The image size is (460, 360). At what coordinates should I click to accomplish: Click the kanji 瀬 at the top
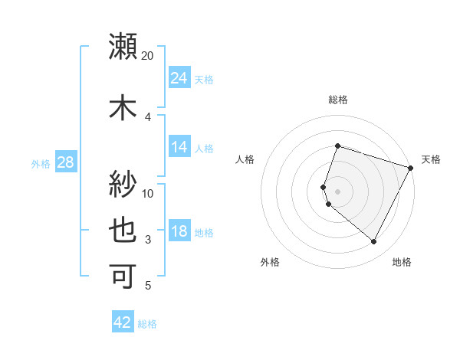click(123, 47)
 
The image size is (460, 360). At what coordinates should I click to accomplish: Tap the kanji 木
click(123, 108)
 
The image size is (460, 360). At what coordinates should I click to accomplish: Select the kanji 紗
click(123, 183)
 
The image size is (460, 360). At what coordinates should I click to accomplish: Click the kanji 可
click(123, 276)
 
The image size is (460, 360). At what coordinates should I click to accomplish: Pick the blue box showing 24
click(179, 77)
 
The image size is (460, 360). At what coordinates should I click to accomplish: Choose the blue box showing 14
click(179, 147)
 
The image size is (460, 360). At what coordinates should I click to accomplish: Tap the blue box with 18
click(179, 231)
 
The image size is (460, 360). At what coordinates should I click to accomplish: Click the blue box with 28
click(64, 162)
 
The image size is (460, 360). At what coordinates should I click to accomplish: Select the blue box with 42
click(122, 322)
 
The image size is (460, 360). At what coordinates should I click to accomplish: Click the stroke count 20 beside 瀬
click(148, 56)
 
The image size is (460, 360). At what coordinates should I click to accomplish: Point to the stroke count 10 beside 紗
click(148, 193)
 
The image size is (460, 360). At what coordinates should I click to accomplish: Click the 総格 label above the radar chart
click(337, 100)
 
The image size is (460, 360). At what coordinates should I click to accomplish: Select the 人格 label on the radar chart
click(245, 159)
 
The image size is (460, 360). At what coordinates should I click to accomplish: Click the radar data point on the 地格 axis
click(373, 242)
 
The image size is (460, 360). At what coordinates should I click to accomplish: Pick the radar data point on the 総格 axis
click(337, 146)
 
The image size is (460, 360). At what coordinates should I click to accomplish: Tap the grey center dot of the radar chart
click(337, 191)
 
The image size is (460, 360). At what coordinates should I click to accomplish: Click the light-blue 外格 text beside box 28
click(41, 163)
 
